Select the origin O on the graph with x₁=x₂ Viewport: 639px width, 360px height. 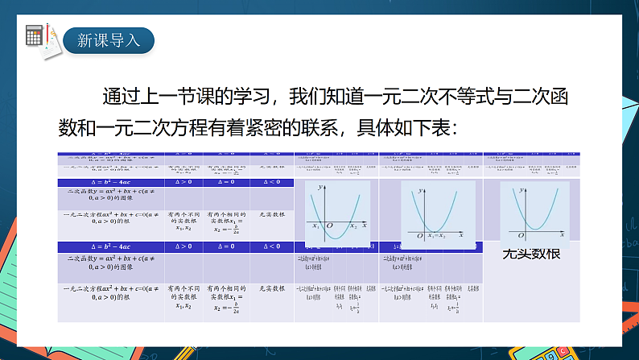click(x=420, y=235)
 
